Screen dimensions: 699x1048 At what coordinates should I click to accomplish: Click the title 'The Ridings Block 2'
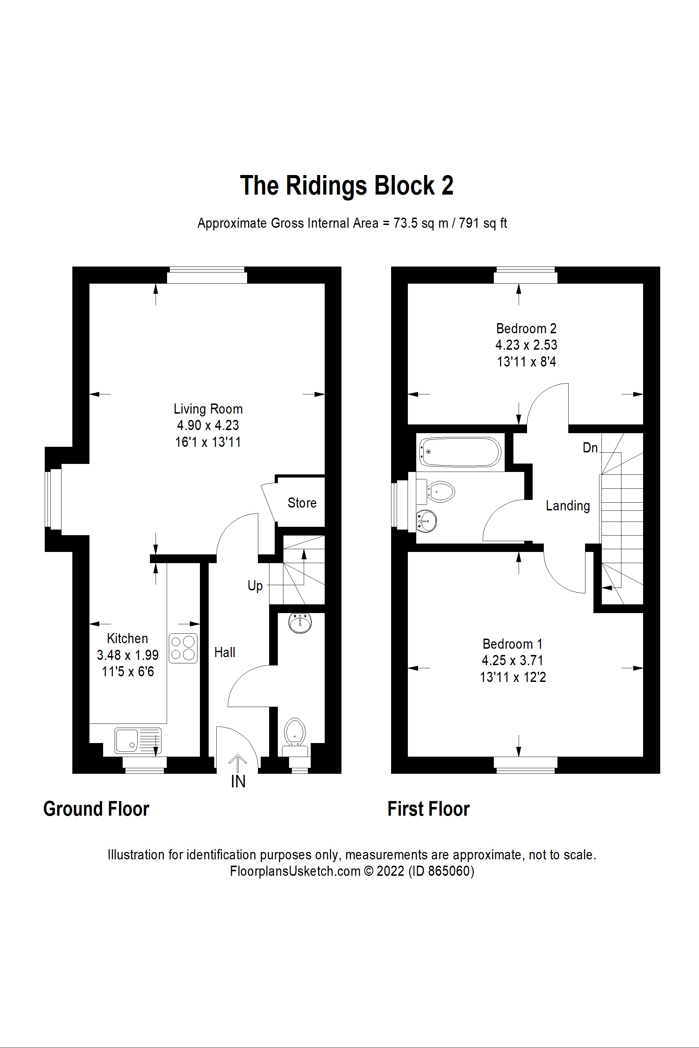pos(347,185)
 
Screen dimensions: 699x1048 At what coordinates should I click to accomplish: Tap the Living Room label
pos(208,409)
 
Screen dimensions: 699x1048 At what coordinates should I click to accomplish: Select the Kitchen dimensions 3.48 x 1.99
pos(128,655)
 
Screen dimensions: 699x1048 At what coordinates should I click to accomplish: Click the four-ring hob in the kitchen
pos(183,648)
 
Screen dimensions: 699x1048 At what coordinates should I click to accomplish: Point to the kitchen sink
pos(138,741)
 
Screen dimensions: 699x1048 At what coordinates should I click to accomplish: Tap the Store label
pos(302,503)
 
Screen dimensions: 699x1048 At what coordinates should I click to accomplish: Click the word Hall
pos(225,652)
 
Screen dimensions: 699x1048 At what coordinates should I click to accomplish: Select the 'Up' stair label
pos(255,586)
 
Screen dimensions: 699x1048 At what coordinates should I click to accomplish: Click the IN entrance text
pos(238,781)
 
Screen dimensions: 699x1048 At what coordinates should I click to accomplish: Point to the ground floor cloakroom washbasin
pos(300,623)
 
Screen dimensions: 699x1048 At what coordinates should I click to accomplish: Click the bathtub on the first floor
pos(460,452)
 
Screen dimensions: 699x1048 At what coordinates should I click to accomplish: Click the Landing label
pos(568,506)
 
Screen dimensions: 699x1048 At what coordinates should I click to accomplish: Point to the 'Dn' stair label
pos(590,447)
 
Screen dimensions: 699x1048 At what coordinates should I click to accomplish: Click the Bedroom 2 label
pos(526,328)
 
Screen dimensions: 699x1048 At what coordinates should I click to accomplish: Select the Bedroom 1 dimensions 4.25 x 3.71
pos(513,660)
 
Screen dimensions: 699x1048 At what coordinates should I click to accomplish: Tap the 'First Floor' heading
pos(428,809)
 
